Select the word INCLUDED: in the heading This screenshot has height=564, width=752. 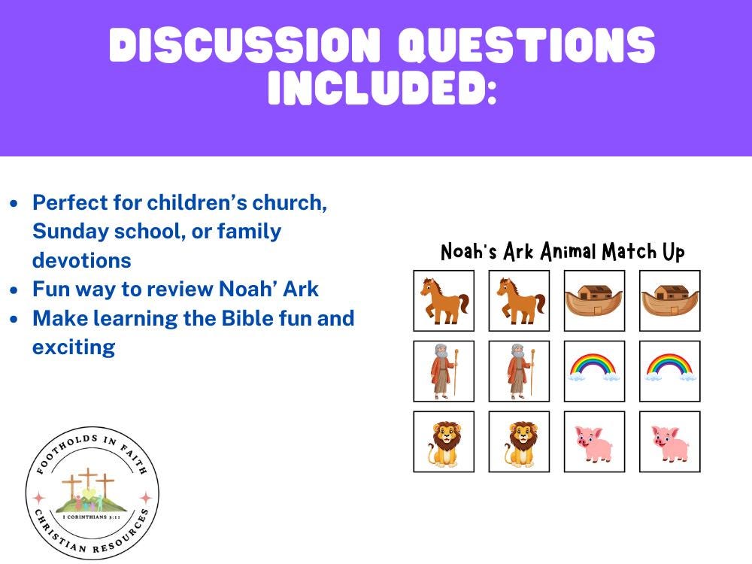coord(382,89)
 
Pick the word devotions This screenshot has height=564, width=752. coord(81,260)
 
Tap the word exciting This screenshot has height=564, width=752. coord(73,347)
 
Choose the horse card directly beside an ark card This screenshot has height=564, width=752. coord(519,300)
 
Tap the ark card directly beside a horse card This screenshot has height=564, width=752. coord(594,300)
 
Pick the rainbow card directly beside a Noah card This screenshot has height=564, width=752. coord(594,371)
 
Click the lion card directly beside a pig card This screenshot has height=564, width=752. coord(519,441)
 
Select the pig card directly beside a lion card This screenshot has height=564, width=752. coord(594,441)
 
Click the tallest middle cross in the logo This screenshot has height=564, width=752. coord(89,481)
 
